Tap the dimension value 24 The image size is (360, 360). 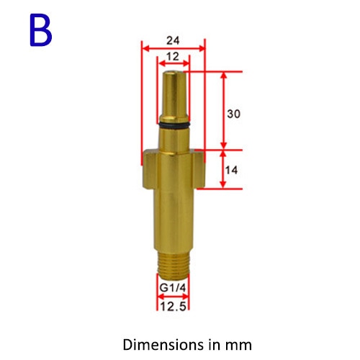coord(174,41)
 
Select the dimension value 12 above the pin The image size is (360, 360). coord(174,56)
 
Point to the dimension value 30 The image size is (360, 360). coord(233,114)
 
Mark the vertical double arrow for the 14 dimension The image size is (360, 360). coord(223,169)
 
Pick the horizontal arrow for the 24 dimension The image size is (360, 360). coord(174,49)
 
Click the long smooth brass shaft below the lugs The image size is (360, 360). coord(173,216)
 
